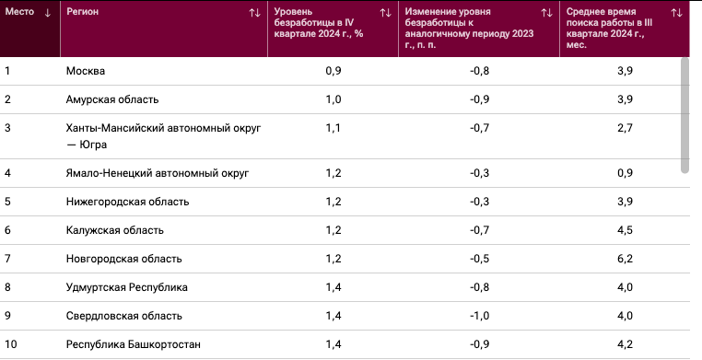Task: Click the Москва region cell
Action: point(86,71)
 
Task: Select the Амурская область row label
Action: point(112,99)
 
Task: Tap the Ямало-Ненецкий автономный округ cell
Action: point(158,173)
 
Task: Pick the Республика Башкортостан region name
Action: point(134,344)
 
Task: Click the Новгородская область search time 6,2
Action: point(625,259)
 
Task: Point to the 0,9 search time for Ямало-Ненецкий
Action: point(625,173)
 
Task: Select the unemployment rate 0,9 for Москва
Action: point(333,71)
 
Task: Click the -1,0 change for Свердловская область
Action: point(479,316)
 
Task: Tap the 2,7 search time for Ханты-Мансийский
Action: point(625,128)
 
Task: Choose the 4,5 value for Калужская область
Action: point(625,230)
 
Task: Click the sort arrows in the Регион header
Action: point(255,13)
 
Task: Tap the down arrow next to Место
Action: point(48,13)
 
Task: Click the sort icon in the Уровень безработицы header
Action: point(385,13)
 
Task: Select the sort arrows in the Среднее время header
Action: point(676,13)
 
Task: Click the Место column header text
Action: point(19,12)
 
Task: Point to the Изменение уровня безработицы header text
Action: point(469,29)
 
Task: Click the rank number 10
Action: point(10,344)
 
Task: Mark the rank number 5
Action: point(7,202)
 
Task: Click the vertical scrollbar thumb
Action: point(684,115)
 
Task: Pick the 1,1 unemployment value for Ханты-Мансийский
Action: point(333,128)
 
